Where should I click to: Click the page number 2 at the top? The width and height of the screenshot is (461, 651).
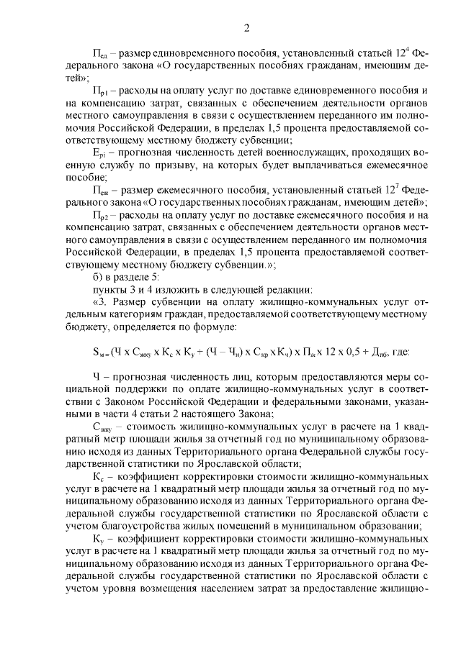coord(246,29)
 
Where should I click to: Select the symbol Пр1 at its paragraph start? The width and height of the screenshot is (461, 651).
coord(100,93)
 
